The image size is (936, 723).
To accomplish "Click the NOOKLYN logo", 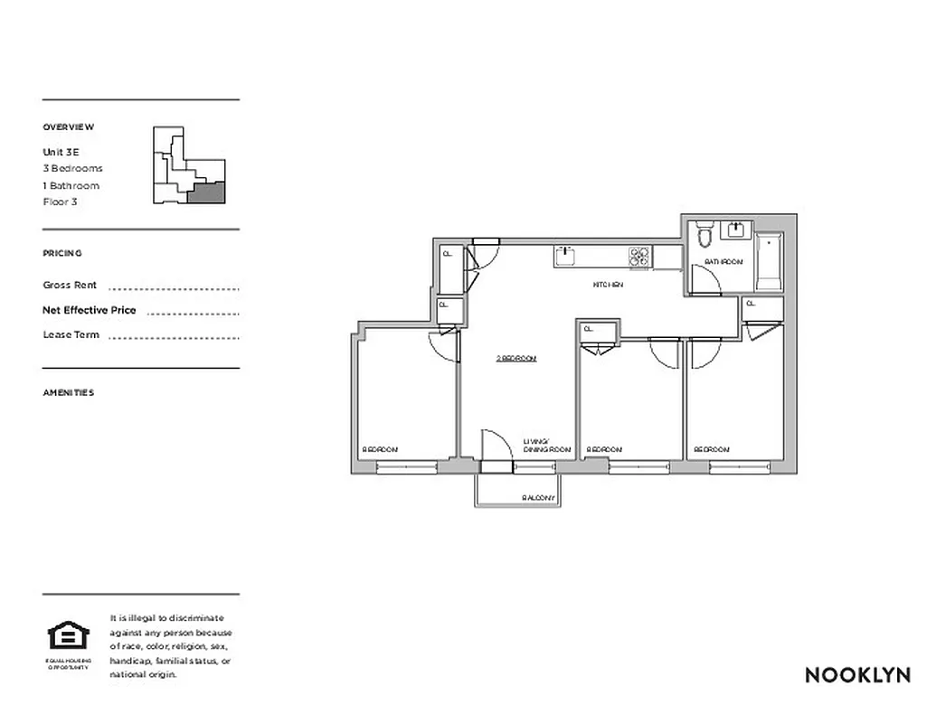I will [856, 674].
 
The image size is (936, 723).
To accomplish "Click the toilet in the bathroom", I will [704, 234].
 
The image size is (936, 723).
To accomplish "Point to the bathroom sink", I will [737, 230].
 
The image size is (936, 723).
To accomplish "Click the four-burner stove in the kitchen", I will [639, 258].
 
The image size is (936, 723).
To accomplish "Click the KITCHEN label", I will [608, 285].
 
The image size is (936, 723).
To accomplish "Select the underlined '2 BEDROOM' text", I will [516, 359].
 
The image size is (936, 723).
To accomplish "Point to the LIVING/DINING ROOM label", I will [547, 446].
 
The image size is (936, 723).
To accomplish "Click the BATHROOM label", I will [723, 262].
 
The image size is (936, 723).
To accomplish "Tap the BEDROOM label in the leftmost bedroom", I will [380, 449].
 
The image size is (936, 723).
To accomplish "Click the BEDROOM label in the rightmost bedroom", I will [712, 449].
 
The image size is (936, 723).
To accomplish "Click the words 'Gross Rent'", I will [70, 285].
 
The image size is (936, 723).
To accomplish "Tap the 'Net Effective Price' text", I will [90, 310].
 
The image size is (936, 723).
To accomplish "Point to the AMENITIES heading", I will [68, 393].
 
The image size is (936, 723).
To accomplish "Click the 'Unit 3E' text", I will [61, 152].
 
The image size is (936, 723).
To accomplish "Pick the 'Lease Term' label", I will [71, 334].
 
